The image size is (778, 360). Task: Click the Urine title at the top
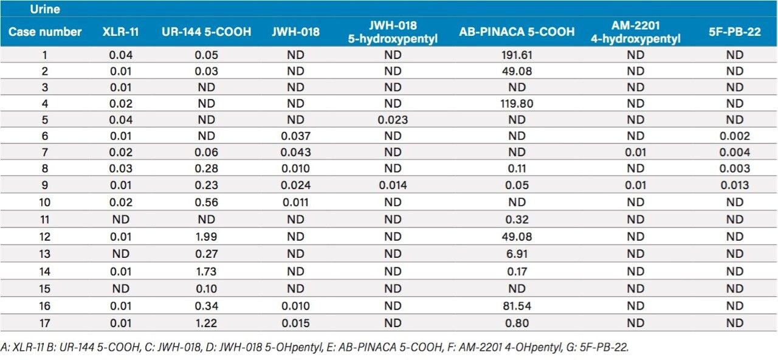(x=44, y=9)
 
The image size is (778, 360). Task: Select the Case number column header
(x=45, y=32)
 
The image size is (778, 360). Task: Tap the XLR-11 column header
(x=120, y=32)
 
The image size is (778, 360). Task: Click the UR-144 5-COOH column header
(x=207, y=32)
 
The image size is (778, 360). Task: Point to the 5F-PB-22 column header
(x=734, y=32)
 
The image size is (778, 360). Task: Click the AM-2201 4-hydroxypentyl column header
(x=635, y=32)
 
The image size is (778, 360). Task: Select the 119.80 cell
(x=517, y=104)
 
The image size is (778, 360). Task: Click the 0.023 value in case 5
(x=393, y=120)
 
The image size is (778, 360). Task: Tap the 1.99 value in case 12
(x=207, y=236)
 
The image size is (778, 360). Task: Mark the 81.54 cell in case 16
(x=517, y=306)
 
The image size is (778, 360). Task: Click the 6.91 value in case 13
(x=517, y=253)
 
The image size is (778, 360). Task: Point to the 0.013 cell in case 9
(x=734, y=186)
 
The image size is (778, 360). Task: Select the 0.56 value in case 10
(x=207, y=203)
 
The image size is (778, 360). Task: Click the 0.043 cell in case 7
(x=295, y=153)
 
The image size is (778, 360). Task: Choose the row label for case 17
(x=45, y=324)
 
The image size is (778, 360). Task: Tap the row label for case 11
(x=45, y=220)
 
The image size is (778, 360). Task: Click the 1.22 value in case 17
(x=207, y=324)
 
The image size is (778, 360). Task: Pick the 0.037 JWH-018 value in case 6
(x=295, y=137)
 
